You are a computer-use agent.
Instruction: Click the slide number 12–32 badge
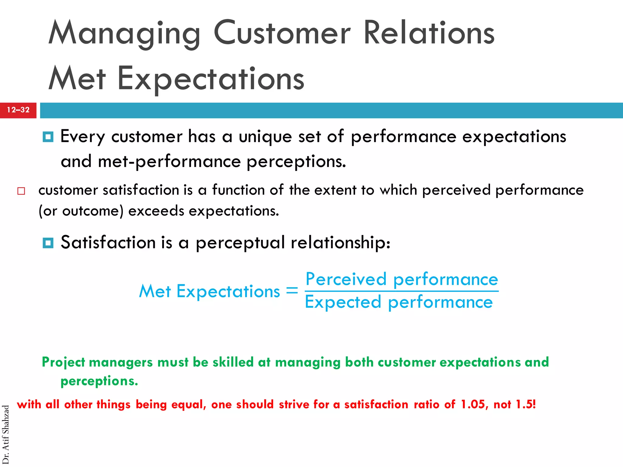click(x=18, y=110)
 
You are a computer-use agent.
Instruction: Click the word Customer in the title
click(x=282, y=33)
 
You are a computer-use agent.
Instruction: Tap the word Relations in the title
click(x=429, y=33)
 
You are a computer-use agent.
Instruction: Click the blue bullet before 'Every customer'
click(x=48, y=137)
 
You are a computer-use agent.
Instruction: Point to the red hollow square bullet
click(x=21, y=191)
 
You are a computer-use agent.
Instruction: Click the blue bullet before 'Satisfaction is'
click(x=48, y=243)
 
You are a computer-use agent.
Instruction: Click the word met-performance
click(x=169, y=161)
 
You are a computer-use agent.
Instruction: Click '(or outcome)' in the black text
click(x=81, y=211)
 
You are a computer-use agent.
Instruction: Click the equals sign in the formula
click(x=292, y=291)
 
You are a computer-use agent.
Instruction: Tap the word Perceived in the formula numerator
click(x=346, y=279)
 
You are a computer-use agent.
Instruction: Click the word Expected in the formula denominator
click(x=343, y=302)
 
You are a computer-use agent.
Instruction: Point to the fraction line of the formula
click(x=402, y=291)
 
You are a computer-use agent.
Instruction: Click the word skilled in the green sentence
click(x=233, y=362)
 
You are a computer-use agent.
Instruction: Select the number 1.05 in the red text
click(x=474, y=405)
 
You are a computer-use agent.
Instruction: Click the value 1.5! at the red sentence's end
click(x=526, y=405)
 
